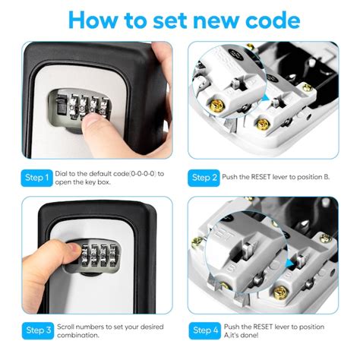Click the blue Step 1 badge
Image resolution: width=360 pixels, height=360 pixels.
pos(36,178)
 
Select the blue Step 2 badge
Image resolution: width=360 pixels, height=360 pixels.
pos(204,178)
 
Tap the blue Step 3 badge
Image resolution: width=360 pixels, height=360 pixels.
pos(38,330)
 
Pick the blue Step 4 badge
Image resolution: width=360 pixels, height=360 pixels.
pos(205,330)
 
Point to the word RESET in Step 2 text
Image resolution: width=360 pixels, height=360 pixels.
pos(261,177)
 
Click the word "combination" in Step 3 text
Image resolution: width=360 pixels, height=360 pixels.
pos(77,335)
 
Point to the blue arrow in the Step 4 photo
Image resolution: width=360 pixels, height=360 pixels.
pos(289,264)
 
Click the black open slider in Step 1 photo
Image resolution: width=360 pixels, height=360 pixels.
pos(61,106)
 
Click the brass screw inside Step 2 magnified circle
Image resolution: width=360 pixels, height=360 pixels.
pos(216,106)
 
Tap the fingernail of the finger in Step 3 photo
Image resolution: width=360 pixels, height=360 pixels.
pos(75,248)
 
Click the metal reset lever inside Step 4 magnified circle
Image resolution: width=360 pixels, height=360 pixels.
pos(248,249)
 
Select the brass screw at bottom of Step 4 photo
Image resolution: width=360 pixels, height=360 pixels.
pos(280,293)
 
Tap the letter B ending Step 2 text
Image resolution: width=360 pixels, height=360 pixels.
pos(327,177)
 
